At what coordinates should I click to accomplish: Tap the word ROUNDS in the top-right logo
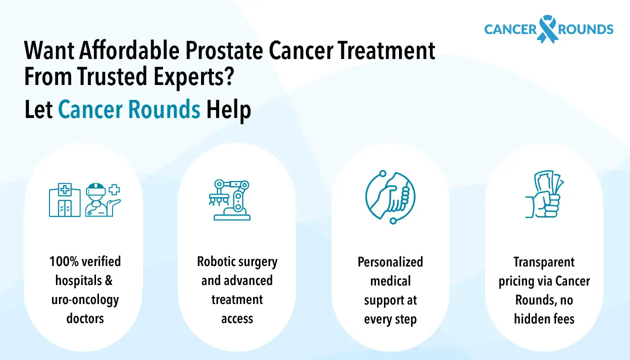[585, 29]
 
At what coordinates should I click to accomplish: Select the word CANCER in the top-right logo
[510, 29]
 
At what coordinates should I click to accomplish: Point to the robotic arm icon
[230, 200]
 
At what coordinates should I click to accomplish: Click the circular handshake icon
[390, 197]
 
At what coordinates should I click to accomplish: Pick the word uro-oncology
[85, 299]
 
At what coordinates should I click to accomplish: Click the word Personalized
[390, 262]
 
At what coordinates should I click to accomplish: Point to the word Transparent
[544, 262]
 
